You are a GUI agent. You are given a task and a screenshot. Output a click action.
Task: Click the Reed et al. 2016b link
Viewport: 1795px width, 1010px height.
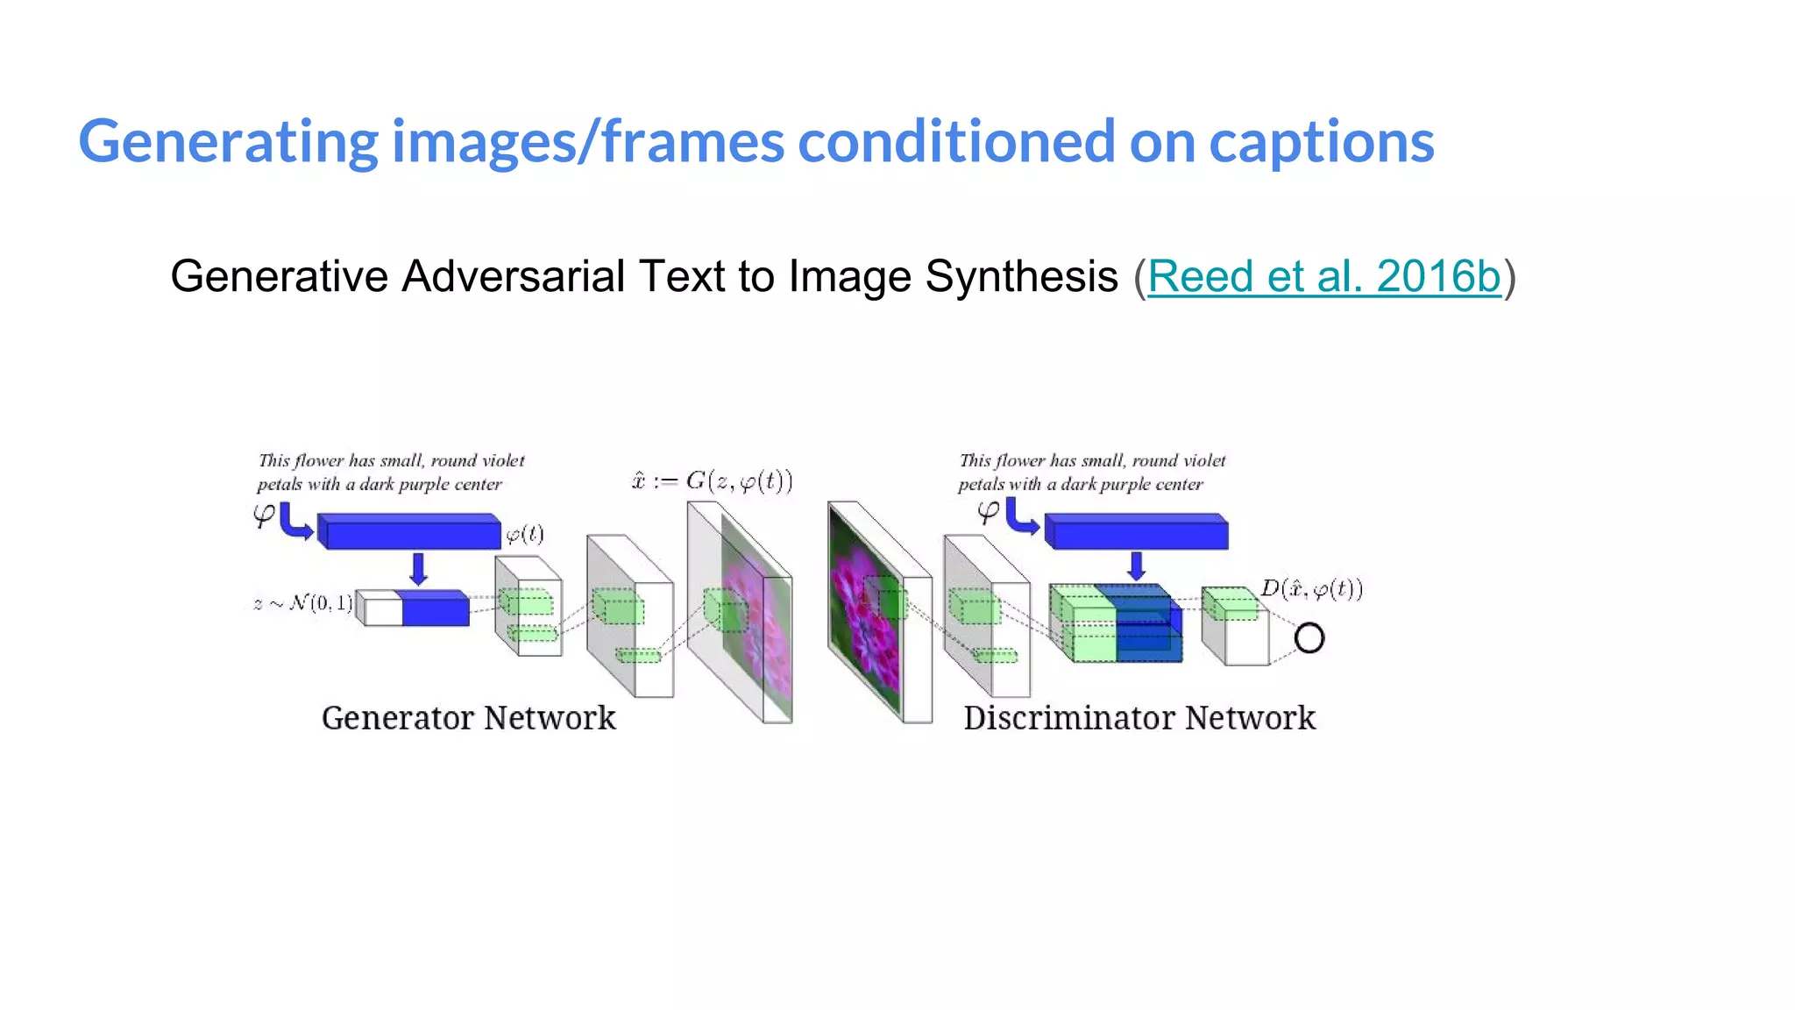[1323, 277]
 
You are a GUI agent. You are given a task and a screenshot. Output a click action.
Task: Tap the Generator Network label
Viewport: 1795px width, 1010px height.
[468, 718]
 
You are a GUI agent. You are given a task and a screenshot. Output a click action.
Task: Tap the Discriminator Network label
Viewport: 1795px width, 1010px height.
[1139, 718]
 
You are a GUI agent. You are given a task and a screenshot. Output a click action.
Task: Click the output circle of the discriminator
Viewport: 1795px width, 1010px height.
[1309, 638]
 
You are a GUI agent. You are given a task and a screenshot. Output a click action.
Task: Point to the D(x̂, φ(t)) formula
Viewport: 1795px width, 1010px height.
[1311, 589]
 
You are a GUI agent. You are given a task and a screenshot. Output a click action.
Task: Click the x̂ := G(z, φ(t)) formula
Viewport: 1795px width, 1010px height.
[712, 481]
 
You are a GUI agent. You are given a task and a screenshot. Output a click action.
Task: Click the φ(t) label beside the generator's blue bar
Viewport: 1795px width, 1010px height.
[525, 535]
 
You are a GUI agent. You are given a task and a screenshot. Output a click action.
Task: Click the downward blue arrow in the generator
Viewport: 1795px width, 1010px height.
[418, 568]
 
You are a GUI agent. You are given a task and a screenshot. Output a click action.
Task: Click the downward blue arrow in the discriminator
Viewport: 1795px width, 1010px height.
[1136, 565]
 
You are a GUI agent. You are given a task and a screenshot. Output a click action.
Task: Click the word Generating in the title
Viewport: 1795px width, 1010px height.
[228, 142]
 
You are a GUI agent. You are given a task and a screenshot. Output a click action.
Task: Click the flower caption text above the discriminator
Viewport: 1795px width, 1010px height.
[1091, 472]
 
